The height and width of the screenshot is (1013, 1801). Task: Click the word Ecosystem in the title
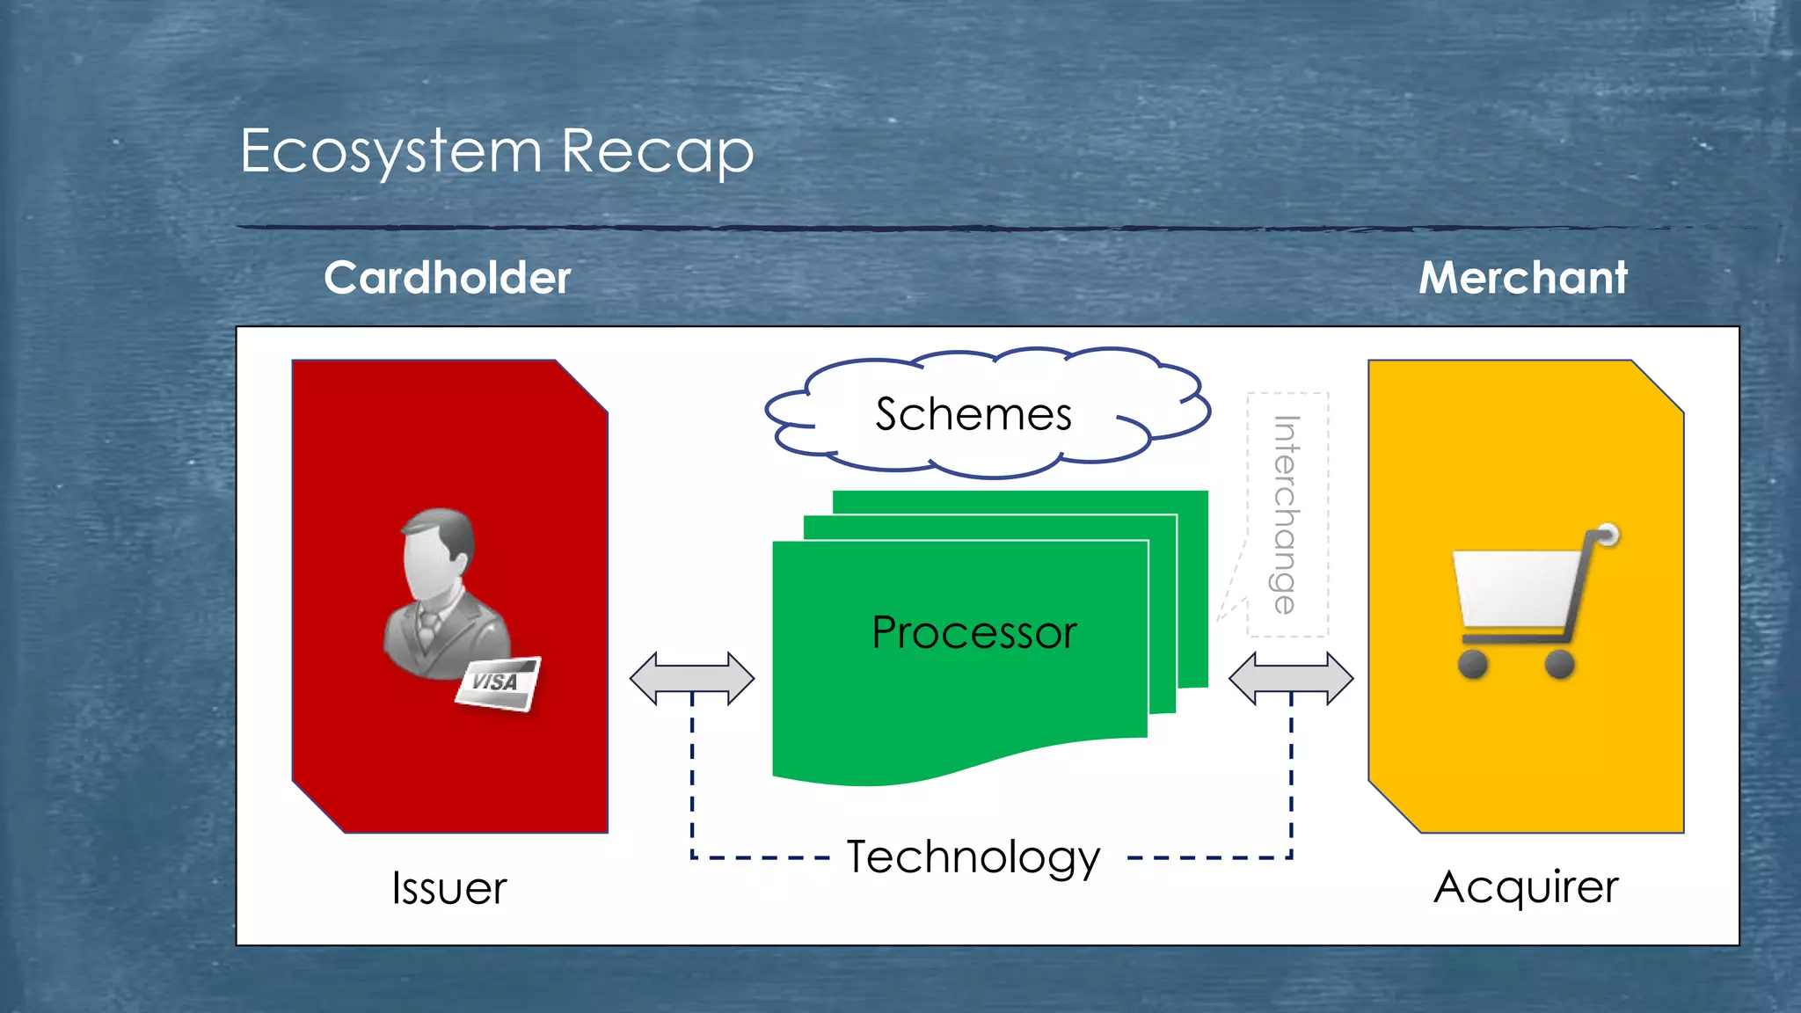click(390, 151)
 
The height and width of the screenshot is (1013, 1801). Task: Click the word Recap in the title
click(657, 151)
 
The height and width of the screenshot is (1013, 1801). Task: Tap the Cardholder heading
click(447, 278)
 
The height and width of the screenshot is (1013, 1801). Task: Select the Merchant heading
click(1522, 278)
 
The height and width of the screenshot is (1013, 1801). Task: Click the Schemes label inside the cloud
click(973, 414)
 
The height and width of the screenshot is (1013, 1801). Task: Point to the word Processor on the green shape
click(973, 632)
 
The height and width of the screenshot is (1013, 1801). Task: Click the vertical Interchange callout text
click(1286, 514)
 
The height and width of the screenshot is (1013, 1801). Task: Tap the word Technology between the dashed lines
click(973, 856)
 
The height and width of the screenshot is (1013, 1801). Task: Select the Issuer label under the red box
click(448, 888)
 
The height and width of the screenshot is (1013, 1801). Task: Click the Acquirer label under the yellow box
click(1526, 886)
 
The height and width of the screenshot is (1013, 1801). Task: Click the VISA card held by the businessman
click(497, 683)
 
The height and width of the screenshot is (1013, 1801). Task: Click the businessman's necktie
click(427, 628)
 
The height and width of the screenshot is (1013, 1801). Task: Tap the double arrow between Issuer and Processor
click(692, 678)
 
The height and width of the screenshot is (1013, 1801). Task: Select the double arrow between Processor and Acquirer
click(1291, 678)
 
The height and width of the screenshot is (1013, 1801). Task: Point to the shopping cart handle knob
click(1608, 534)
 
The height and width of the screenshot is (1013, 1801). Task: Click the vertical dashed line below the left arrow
click(692, 774)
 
